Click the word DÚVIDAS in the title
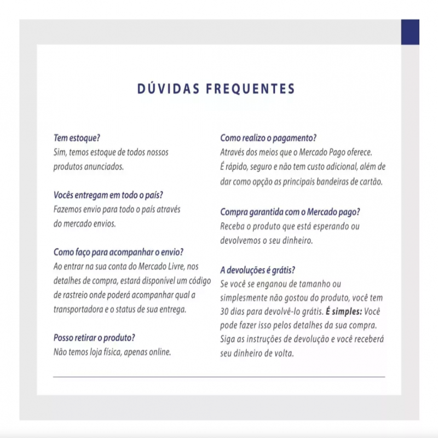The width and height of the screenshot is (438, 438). point(166,89)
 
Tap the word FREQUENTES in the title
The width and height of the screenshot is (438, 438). point(250,89)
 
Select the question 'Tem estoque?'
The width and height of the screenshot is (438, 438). point(77,138)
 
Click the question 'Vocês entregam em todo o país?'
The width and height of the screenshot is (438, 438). point(108,195)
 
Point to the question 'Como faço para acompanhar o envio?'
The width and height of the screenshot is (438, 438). point(118,252)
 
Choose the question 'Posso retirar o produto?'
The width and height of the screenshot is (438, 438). point(94,337)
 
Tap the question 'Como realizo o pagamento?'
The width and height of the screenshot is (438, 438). point(268,138)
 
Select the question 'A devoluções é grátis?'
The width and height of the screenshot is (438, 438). point(258,270)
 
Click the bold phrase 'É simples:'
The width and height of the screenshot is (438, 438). point(344,311)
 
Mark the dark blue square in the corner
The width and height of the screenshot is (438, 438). point(410,32)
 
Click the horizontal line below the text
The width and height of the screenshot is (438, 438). point(219,377)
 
